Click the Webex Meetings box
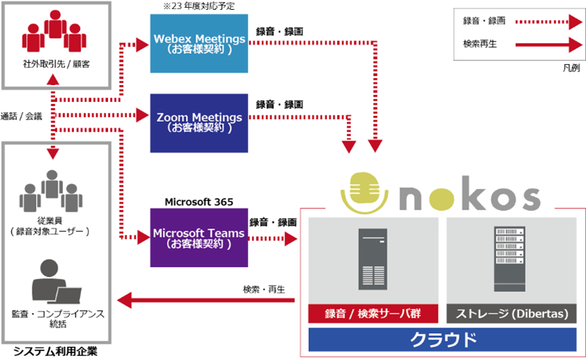coord(200,44)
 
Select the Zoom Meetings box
coord(200,123)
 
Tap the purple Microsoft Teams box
coord(200,237)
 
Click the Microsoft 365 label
coord(199,202)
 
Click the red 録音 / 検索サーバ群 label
coord(370,314)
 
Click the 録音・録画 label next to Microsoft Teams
coord(273,222)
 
